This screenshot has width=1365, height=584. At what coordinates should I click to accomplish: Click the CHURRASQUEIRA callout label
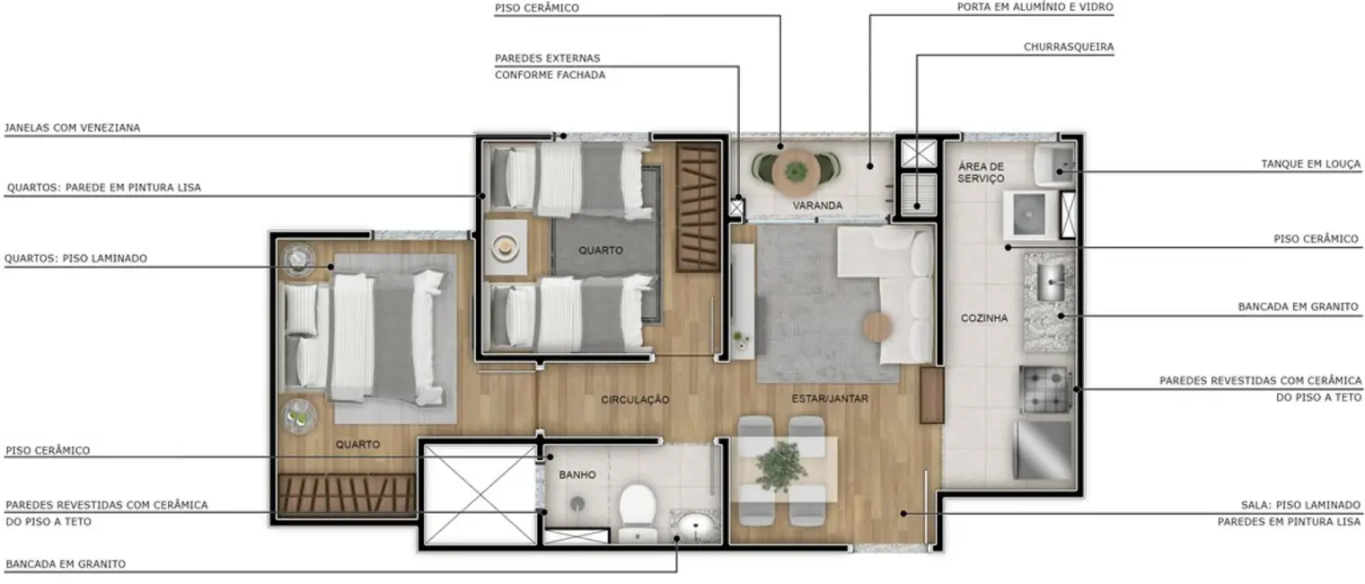(x=1069, y=47)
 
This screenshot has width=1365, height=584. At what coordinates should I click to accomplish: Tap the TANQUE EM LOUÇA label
(x=1311, y=164)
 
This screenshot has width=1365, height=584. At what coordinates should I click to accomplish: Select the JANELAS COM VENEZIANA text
(x=73, y=128)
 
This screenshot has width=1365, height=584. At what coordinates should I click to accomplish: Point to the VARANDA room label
(x=817, y=206)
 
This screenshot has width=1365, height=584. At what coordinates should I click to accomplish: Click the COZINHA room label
(x=984, y=318)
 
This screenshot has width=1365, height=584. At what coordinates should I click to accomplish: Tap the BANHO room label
(x=577, y=474)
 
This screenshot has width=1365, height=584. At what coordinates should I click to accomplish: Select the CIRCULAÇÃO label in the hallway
(x=636, y=400)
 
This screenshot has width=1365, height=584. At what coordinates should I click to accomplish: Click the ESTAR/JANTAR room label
(x=830, y=398)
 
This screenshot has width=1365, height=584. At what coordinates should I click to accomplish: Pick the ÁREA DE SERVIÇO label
(x=981, y=173)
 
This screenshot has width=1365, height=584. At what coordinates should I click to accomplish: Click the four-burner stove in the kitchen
(x=1045, y=390)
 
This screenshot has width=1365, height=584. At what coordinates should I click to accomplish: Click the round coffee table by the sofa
(x=877, y=327)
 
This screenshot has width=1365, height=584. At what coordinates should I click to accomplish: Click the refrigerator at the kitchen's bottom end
(x=1044, y=450)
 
